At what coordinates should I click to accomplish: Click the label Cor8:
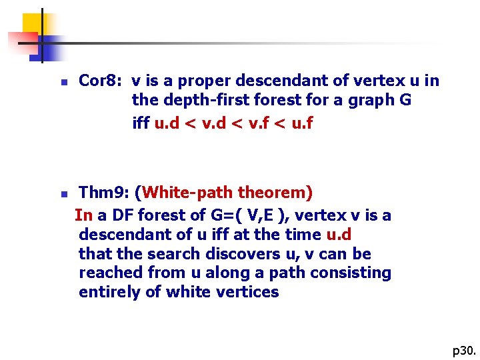(x=99, y=81)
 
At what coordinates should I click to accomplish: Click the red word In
(x=83, y=215)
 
